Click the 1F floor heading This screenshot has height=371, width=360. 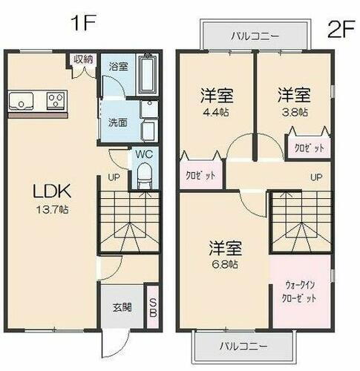click(x=84, y=23)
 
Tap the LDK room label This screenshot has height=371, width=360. click(x=50, y=191)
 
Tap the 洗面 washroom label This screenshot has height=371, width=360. click(x=118, y=122)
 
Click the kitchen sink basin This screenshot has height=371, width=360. click(x=20, y=99)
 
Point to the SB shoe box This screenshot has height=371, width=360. click(x=152, y=306)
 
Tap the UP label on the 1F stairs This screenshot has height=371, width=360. click(x=114, y=178)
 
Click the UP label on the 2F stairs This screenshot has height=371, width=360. click(x=315, y=177)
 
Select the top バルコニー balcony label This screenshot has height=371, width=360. click(x=254, y=35)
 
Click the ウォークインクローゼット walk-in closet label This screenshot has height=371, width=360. click(x=301, y=290)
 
